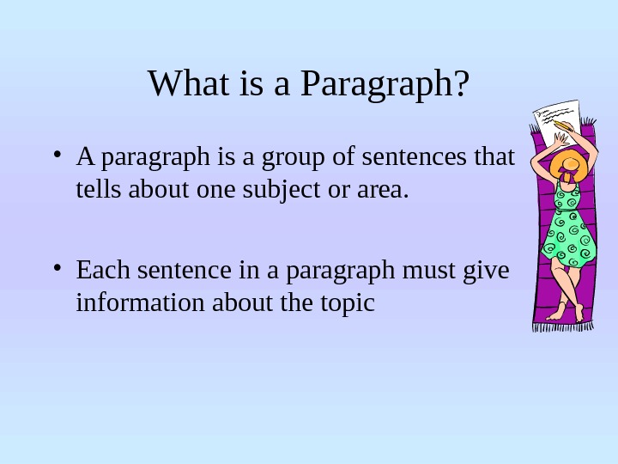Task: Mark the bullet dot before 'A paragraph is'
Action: pos(56,156)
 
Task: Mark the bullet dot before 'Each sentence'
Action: pos(56,271)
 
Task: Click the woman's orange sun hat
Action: pos(567,162)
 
